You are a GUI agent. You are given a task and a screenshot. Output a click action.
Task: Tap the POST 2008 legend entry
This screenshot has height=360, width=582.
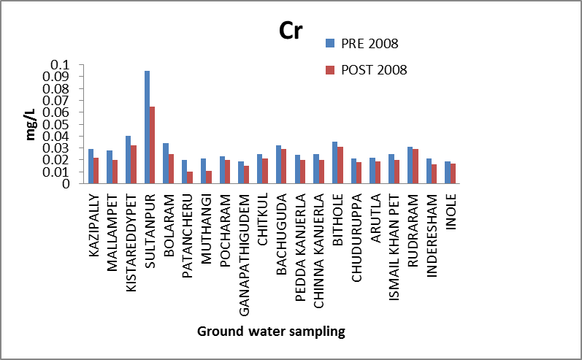373,70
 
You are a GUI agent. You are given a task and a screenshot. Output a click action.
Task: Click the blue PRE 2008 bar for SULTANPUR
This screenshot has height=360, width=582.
147,127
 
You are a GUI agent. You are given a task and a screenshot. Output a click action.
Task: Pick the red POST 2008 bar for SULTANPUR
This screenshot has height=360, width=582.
153,145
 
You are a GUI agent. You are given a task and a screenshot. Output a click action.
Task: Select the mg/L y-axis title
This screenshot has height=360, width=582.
31,124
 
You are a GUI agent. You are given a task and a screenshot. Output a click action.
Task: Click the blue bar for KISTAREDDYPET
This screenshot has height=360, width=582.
128,160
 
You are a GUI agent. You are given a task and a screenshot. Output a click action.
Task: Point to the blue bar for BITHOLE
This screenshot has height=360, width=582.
334,163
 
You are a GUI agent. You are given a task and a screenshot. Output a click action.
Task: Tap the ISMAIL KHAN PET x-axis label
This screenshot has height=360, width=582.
395,237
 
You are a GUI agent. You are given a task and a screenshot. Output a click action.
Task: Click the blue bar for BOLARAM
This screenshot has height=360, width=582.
166,164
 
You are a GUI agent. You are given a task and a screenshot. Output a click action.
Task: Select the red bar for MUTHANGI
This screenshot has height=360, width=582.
210,177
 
